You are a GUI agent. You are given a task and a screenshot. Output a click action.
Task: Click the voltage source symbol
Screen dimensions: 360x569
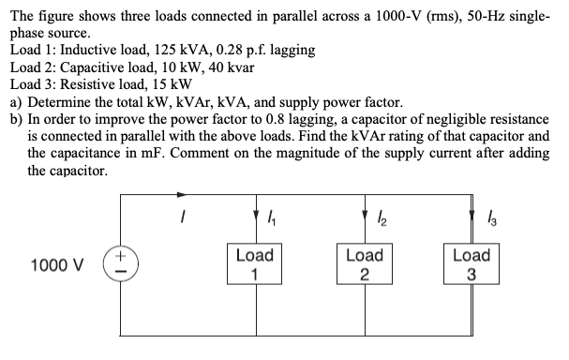(x=123, y=264)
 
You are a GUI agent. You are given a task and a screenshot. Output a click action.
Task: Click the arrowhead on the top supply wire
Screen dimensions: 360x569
(x=185, y=196)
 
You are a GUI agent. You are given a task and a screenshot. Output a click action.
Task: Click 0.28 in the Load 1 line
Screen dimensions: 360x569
(x=239, y=49)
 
